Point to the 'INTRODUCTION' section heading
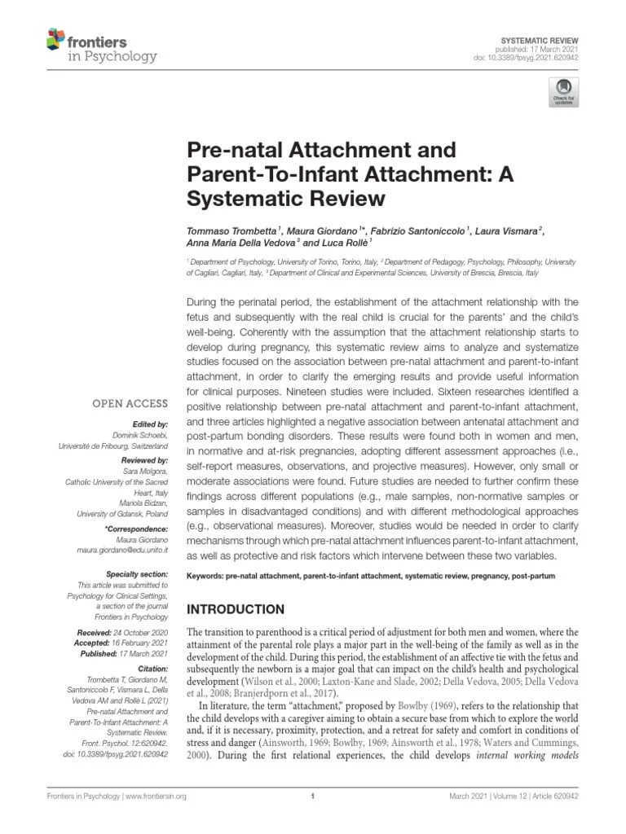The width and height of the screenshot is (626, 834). pyautogui.click(x=236, y=609)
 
